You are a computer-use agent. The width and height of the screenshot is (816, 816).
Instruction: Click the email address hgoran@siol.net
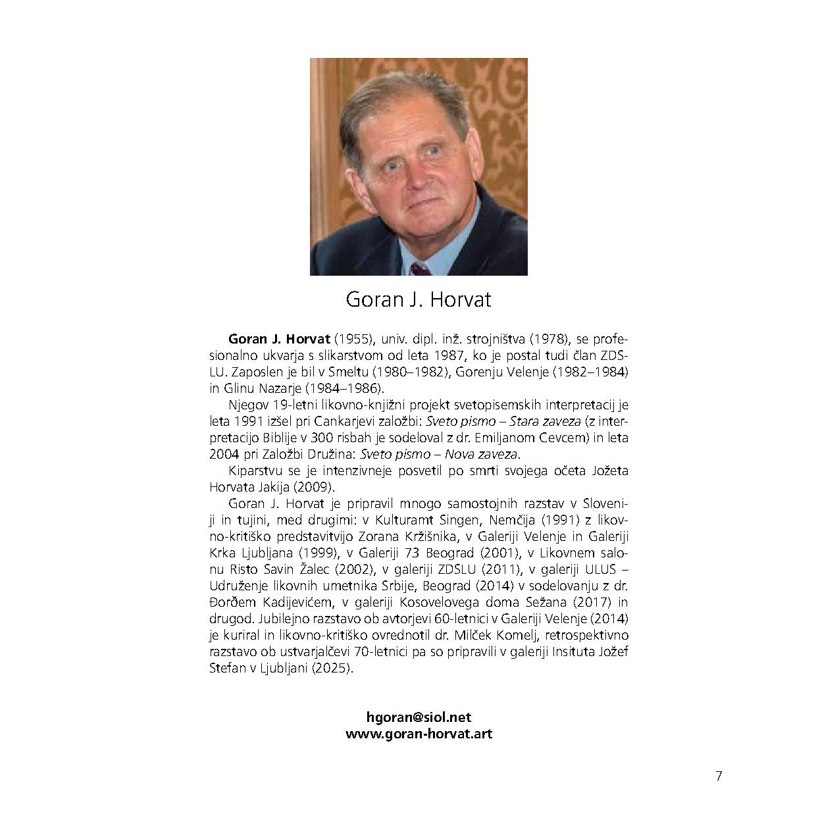[419, 718]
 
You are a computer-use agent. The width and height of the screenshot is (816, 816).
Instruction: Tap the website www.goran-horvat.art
[419, 734]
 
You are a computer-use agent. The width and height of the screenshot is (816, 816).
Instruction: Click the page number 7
[719, 776]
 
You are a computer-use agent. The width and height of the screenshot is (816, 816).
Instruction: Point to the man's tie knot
[419, 268]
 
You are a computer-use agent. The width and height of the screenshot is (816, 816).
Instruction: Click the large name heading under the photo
[419, 300]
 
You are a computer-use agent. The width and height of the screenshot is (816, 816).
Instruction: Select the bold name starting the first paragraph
[279, 340]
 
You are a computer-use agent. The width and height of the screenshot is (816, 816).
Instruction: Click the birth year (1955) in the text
[354, 340]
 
